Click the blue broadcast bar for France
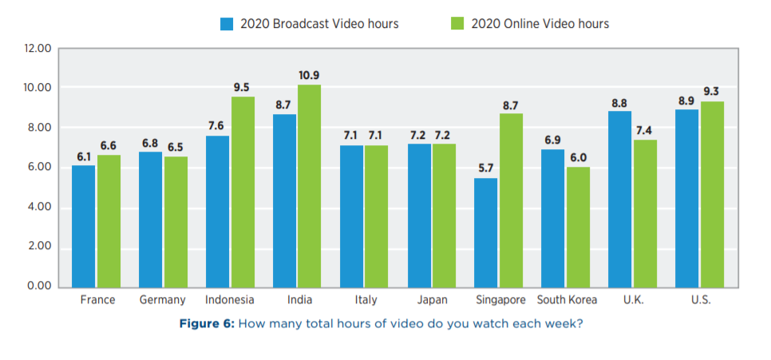pyautogui.click(x=84, y=225)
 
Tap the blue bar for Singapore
pyautogui.click(x=486, y=231)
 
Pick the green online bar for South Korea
pyautogui.click(x=577, y=226)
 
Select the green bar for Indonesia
pyautogui.click(x=243, y=191)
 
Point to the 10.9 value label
pyautogui.click(x=309, y=75)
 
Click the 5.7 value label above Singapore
pyautogui.click(x=486, y=168)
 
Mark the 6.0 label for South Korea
pyautogui.click(x=578, y=157)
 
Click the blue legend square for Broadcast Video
pyautogui.click(x=226, y=24)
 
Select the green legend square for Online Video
pyautogui.click(x=457, y=24)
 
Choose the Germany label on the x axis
pyautogui.click(x=164, y=300)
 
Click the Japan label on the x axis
pyautogui.click(x=431, y=300)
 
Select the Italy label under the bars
pyautogui.click(x=364, y=300)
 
